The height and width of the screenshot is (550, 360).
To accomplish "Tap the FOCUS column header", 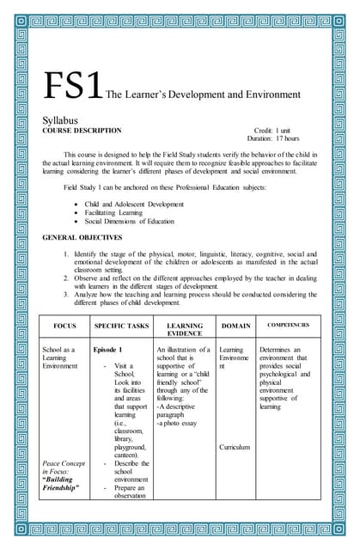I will [x=65, y=327].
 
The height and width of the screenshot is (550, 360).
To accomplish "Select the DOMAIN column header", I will [x=235, y=327].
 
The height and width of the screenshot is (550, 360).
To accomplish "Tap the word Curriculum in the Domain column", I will [x=235, y=448].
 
